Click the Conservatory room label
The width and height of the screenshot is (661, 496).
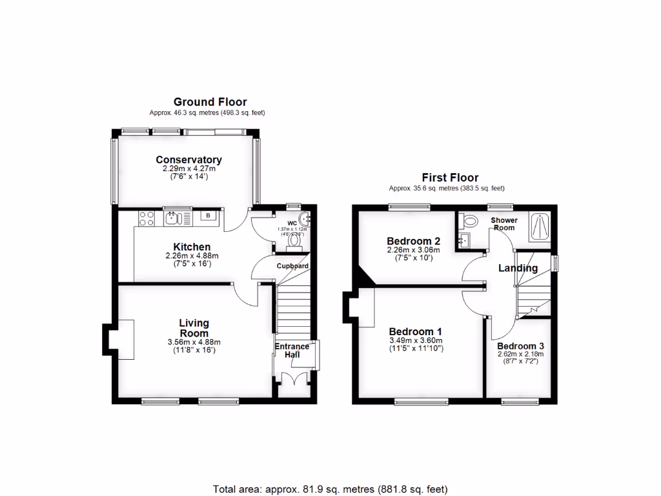(x=188, y=160)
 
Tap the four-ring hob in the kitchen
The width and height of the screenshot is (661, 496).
(x=146, y=218)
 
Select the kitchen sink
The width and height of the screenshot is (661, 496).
(x=172, y=218)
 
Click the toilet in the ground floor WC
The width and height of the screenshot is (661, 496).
(x=296, y=241)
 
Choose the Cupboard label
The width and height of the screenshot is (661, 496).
(x=292, y=265)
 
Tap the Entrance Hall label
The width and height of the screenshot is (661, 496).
(x=292, y=351)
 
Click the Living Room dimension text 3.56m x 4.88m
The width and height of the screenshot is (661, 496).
(x=194, y=342)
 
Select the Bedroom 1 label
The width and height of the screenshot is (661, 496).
(x=416, y=331)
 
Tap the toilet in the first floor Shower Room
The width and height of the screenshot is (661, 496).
(x=469, y=221)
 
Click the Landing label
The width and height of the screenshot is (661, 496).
(x=518, y=268)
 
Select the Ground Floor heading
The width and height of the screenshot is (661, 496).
(x=210, y=102)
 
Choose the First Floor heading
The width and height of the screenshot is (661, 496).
(x=450, y=178)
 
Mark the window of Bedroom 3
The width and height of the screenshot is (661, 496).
(x=520, y=402)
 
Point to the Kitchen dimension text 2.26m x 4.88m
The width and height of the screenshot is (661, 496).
(x=192, y=256)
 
